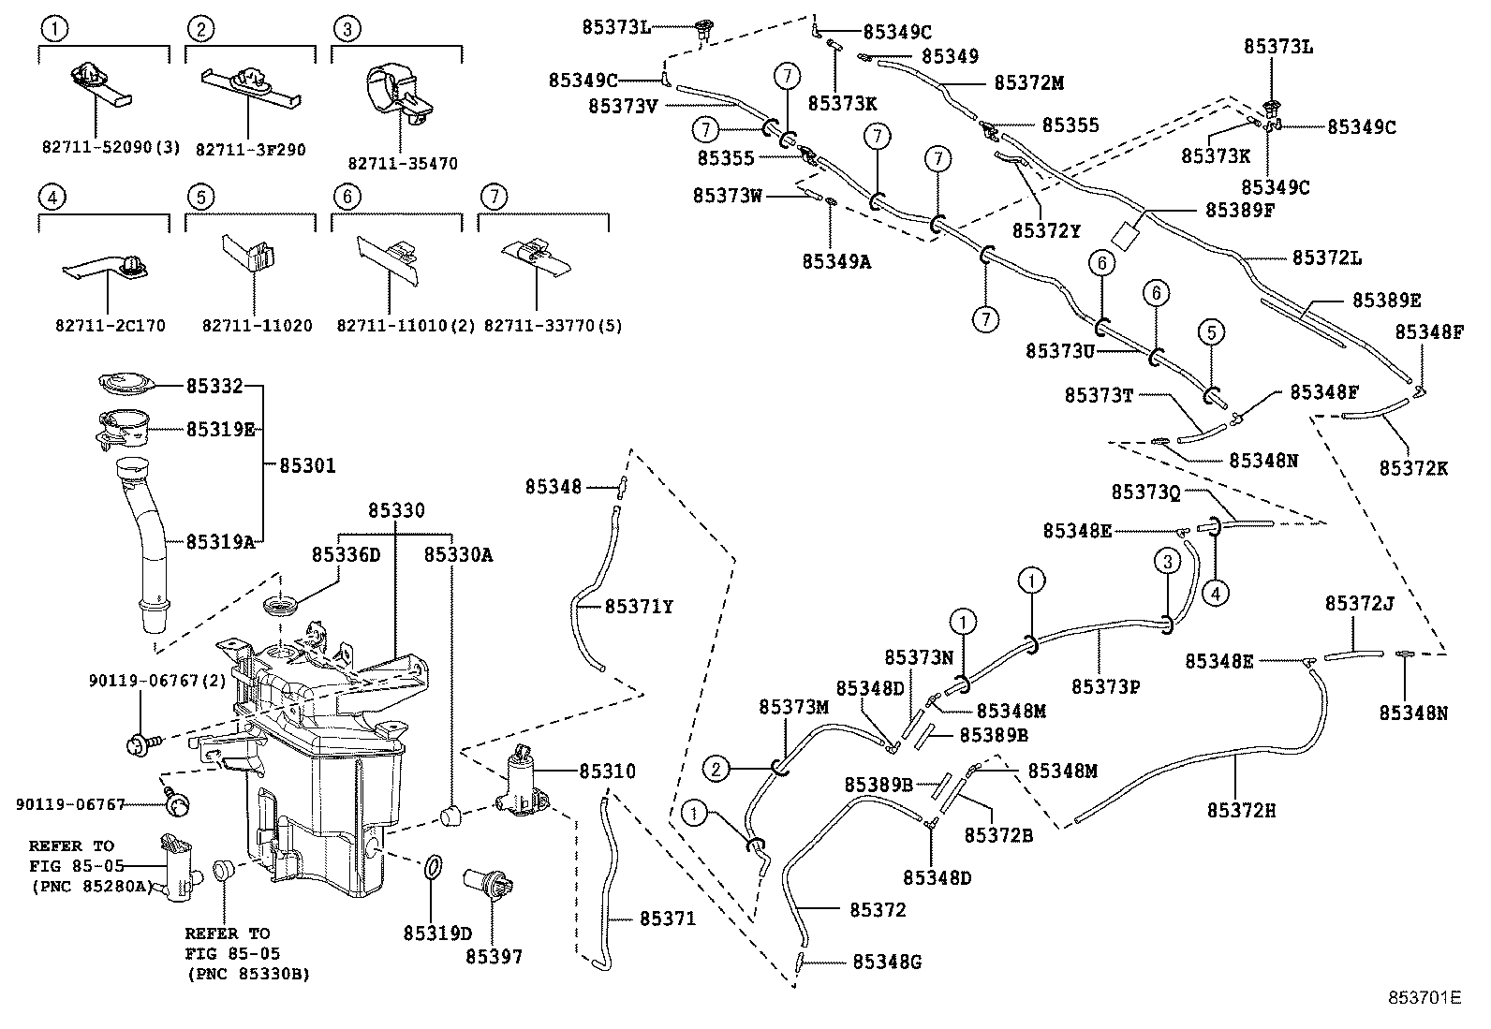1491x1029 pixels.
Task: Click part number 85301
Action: click(x=307, y=465)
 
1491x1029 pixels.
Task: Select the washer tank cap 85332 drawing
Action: click(x=124, y=383)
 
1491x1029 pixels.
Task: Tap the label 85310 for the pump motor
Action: click(x=607, y=772)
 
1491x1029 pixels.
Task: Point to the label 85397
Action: click(x=494, y=957)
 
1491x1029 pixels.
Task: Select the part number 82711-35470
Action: click(x=403, y=164)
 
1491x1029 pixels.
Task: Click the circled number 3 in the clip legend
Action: click(x=347, y=29)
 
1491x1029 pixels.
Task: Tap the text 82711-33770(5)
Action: click(x=553, y=326)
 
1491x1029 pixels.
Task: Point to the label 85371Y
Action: click(x=639, y=607)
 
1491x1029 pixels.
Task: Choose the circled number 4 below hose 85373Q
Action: click(x=1215, y=592)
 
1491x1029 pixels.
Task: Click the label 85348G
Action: click(x=887, y=962)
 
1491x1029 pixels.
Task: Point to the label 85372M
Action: click(x=1028, y=82)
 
